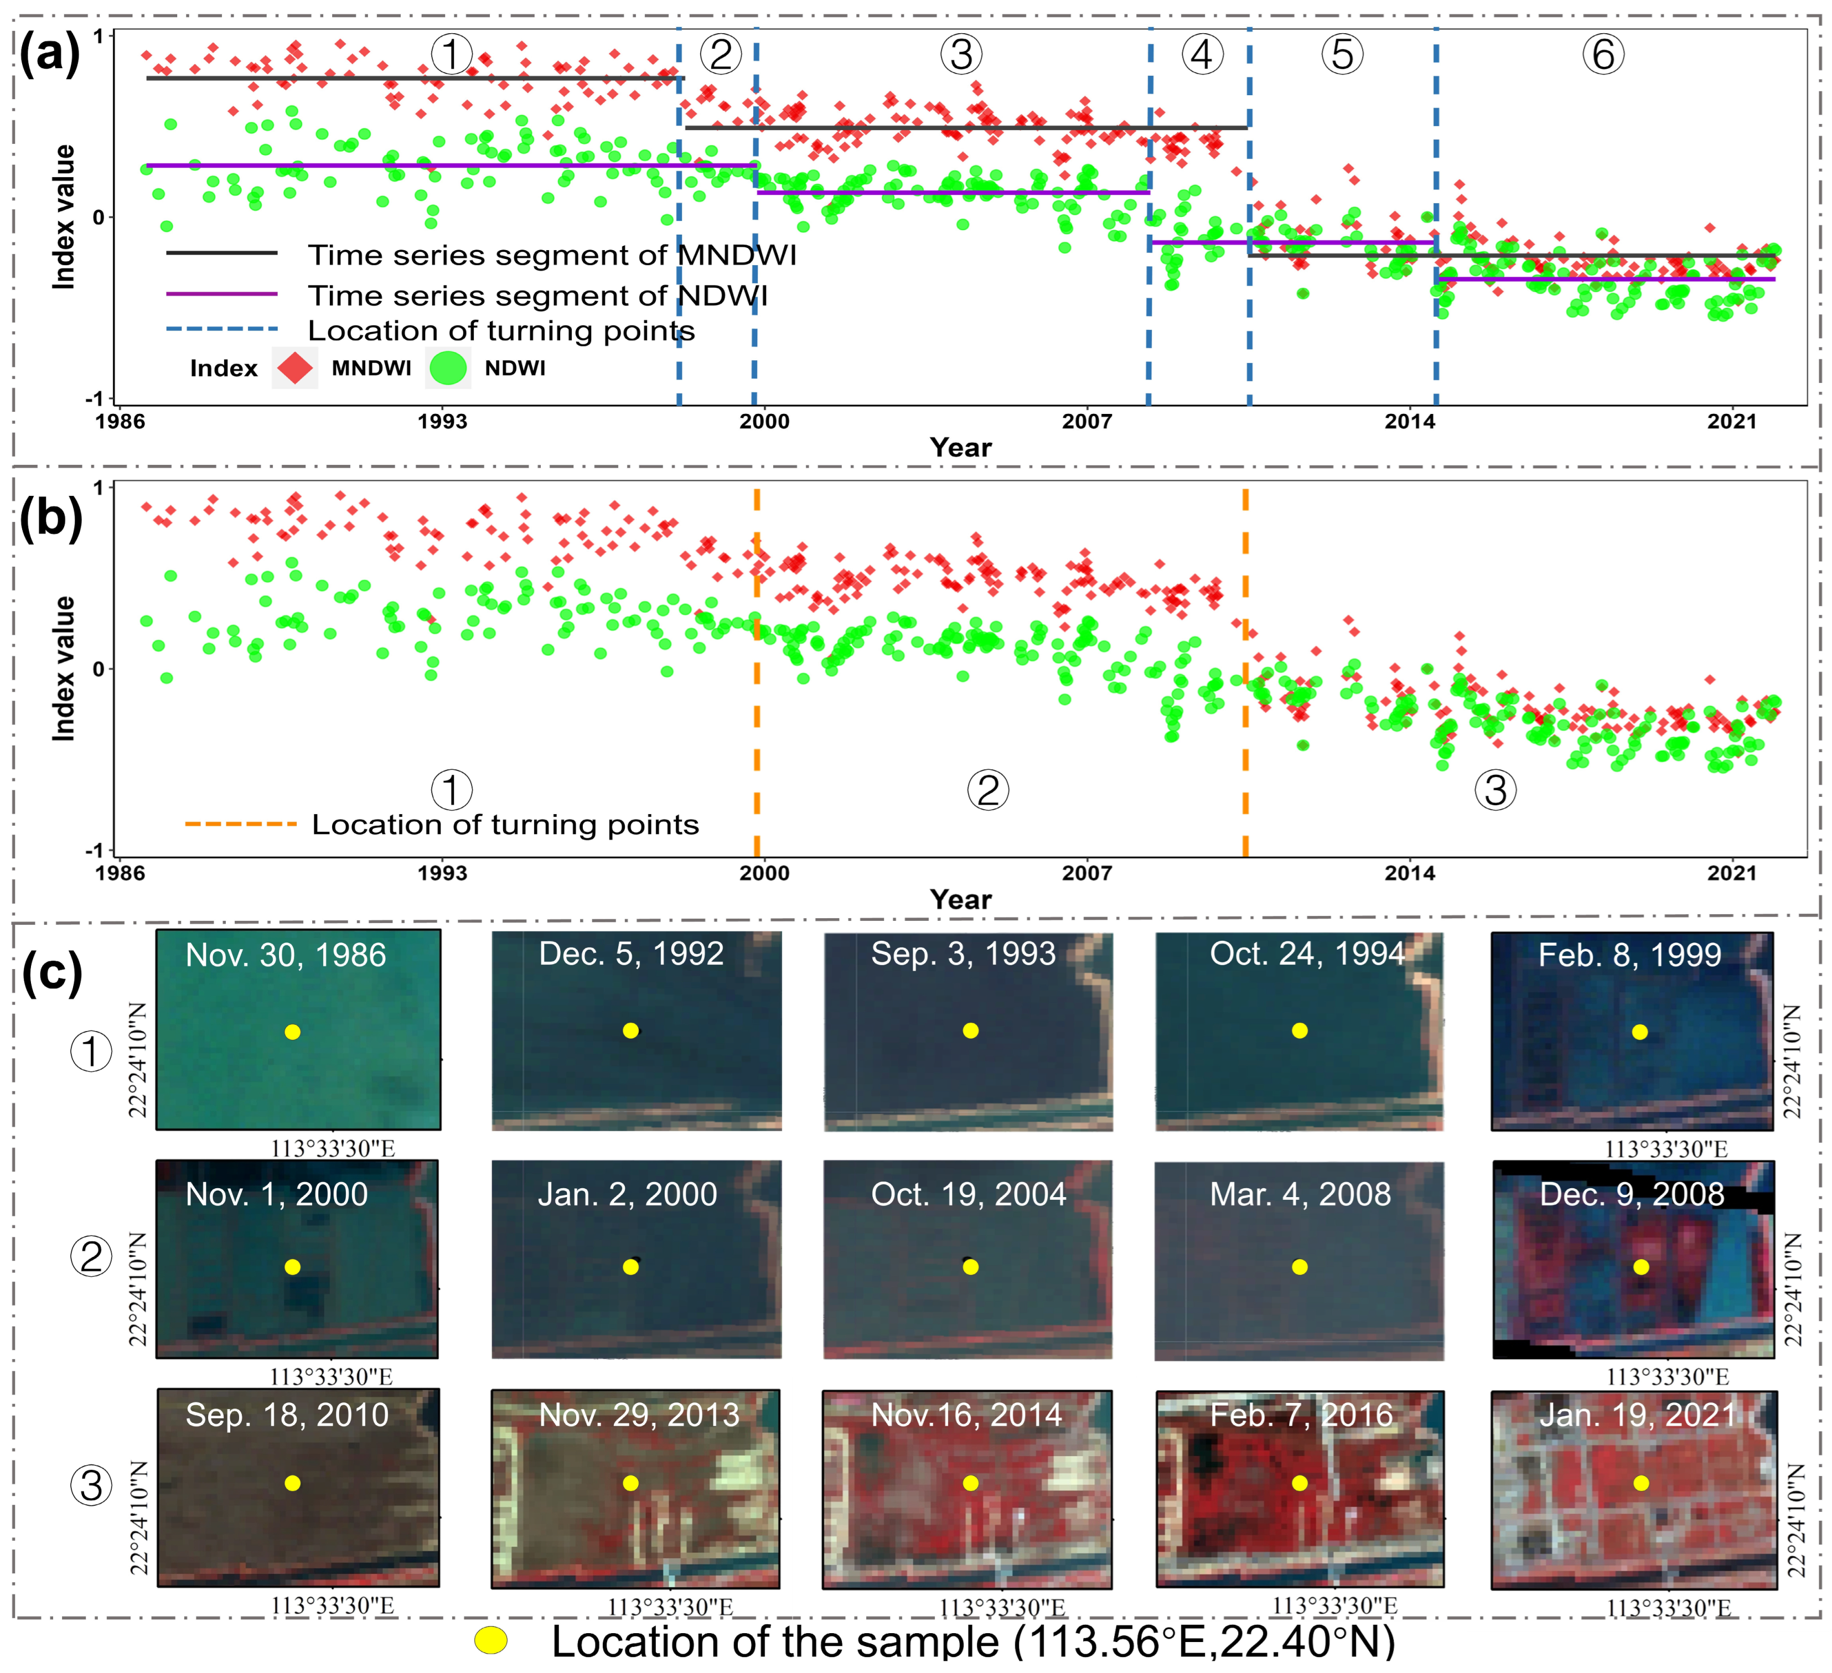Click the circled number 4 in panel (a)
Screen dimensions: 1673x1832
[1202, 55]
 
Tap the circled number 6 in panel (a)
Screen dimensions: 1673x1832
[1603, 55]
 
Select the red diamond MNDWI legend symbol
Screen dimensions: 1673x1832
[294, 368]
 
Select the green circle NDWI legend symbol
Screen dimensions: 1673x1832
[448, 368]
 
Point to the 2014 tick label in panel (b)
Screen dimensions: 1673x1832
[1410, 873]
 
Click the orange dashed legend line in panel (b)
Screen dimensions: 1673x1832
[241, 824]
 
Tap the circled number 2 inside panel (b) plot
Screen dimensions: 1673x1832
[988, 789]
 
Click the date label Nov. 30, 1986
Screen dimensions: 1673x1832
[286, 955]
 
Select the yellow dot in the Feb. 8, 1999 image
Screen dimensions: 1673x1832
[1639, 1032]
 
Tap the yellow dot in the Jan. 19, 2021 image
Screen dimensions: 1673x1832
[1640, 1483]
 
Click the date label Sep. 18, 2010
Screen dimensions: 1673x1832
[287, 1415]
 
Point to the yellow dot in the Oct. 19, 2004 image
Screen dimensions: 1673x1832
[971, 1267]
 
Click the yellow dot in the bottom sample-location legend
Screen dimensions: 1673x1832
[491, 1640]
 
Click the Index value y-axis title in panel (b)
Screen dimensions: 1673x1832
[63, 669]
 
